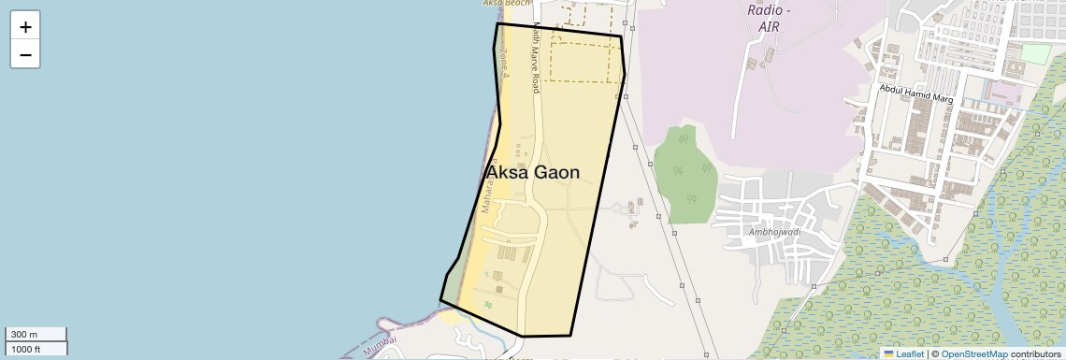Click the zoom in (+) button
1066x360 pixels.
point(25,26)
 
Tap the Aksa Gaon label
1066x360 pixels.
point(533,173)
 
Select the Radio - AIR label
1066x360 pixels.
point(769,18)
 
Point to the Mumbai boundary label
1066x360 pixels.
point(380,345)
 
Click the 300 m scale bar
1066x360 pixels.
point(36,335)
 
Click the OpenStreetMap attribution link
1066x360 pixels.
point(973,353)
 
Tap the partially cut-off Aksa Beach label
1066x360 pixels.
point(506,4)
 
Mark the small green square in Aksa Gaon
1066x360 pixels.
point(488,304)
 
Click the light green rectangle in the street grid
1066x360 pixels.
point(1035,53)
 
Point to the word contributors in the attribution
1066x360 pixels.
point(1035,353)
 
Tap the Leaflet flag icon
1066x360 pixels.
point(888,353)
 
